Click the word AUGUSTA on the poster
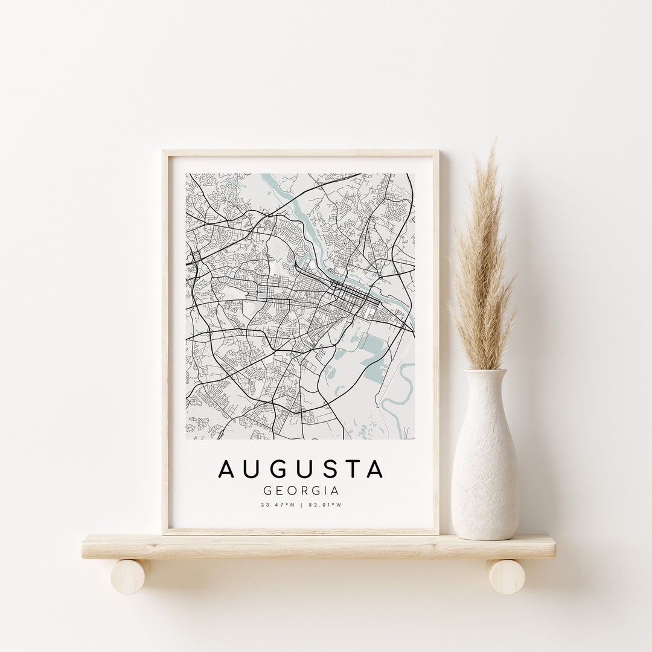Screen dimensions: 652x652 pos(301,470)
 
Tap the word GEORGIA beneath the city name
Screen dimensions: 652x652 pos(301,491)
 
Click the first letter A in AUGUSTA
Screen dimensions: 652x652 pos(227,470)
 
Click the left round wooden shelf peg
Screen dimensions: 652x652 pos(131,576)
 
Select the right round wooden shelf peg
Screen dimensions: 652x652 pos(506,576)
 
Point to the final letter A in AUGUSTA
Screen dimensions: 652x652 pos(375,470)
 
